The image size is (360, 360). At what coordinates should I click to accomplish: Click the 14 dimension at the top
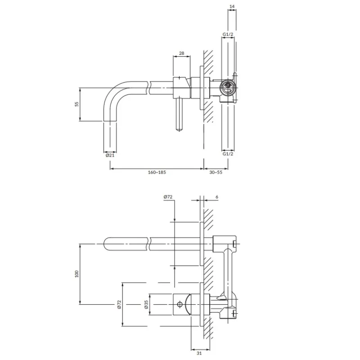coord(232,6)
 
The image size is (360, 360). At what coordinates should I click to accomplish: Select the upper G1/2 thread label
coord(228,34)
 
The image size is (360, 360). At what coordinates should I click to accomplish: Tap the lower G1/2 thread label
coord(228,153)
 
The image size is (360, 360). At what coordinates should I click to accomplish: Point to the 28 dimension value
coord(181,53)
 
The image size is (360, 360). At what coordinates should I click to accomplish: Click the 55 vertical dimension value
coord(76,104)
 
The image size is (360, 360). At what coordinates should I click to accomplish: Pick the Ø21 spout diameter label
coord(110,155)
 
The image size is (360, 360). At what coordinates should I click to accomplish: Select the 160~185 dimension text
coord(157,172)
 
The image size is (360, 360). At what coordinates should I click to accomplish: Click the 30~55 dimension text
coord(216,172)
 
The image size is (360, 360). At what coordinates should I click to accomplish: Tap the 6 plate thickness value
coord(217,197)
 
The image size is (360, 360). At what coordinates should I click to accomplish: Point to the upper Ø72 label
coord(168,197)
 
